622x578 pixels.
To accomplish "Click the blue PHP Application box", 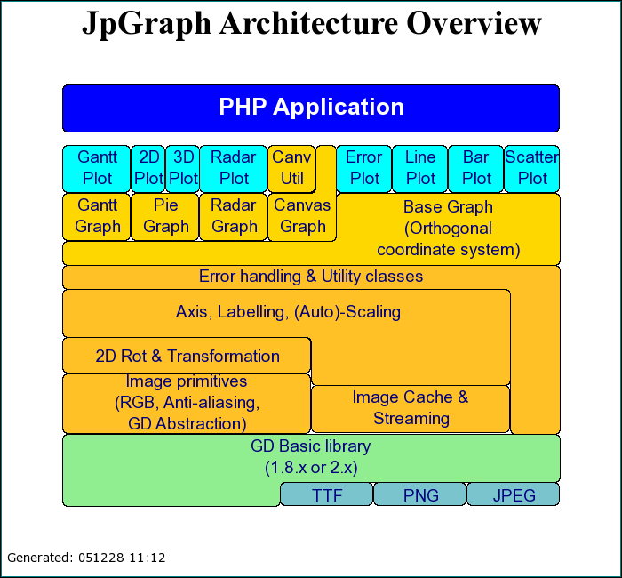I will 311,108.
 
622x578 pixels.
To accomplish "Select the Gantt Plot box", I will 97,168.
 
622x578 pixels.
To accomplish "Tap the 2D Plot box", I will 148,168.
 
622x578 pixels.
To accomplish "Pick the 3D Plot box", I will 182,168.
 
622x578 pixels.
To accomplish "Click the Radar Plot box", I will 234,168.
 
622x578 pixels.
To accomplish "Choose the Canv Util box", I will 291,168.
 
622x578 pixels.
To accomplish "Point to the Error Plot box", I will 363,168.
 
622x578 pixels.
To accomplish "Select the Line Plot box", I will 420,168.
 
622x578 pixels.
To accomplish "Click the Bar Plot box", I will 476,168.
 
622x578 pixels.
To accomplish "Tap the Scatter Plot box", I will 531,168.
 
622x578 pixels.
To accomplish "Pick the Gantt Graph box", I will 97,216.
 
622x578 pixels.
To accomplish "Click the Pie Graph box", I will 165,216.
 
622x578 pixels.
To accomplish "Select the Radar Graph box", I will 234,216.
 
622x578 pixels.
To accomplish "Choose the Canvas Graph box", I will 302,216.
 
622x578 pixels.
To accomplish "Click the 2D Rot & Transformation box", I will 187,356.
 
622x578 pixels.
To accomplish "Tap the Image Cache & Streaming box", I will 411,408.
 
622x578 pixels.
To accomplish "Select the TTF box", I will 327,494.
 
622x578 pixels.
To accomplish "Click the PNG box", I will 420,494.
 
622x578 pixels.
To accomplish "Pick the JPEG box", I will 514,494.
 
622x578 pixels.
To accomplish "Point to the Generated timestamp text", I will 86,558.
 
